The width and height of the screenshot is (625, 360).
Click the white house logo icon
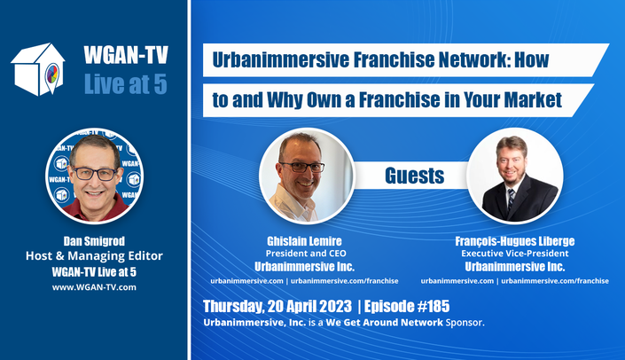coord(38,69)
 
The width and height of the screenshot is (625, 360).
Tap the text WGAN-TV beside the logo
coord(126,55)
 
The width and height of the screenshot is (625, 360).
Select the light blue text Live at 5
coord(126,84)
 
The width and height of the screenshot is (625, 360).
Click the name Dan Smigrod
coord(94,241)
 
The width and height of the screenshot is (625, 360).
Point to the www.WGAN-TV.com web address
coord(94,287)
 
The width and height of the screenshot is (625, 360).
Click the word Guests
coord(415,176)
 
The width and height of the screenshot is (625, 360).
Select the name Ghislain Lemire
coord(305,241)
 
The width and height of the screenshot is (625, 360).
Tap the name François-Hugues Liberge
coord(515,241)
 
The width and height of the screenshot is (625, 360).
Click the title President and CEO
coord(306,254)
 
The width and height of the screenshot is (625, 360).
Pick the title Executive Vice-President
coord(515,254)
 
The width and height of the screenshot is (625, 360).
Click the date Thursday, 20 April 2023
coord(277,307)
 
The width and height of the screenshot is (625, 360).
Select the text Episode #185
coord(407,306)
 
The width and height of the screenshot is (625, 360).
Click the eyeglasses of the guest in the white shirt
coord(302,167)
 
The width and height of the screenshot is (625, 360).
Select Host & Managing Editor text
coord(94,255)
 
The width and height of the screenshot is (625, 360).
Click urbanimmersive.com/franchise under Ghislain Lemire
coord(344,281)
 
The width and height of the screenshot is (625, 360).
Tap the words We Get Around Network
coord(384,323)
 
